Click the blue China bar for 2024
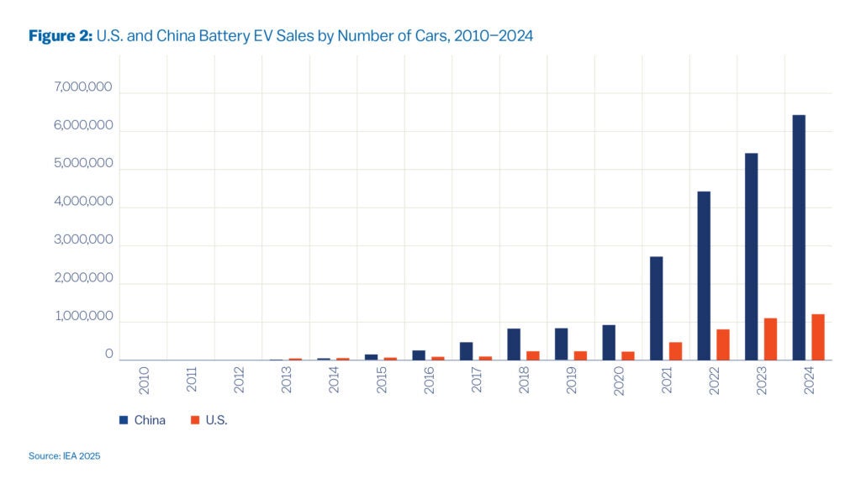799,238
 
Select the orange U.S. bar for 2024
818,337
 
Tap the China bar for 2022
704,276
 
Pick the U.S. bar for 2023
770,339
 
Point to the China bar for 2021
656,308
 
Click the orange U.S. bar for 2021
675,351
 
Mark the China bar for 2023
751,256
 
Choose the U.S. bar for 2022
723,344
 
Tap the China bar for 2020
609,343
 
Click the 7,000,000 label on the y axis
83,87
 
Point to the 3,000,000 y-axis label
83,240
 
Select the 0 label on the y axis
108,355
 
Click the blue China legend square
123,420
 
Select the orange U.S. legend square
193,420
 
